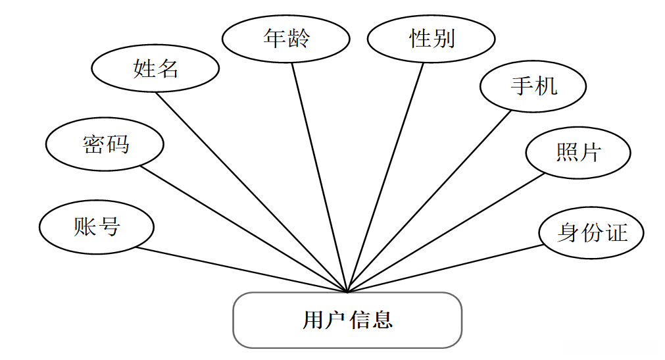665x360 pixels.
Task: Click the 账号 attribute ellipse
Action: [x=97, y=227]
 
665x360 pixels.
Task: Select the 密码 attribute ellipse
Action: [x=105, y=145]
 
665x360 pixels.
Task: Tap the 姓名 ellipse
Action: [x=155, y=68]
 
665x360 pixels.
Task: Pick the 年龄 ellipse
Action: [x=285, y=39]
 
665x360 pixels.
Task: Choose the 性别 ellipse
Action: [x=431, y=39]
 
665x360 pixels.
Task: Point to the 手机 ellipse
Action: [x=533, y=86]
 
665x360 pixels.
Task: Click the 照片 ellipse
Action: [x=578, y=153]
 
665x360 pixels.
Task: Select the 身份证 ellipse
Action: [x=591, y=232]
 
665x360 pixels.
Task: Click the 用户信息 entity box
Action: [x=347, y=321]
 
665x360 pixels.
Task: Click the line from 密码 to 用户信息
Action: [x=243, y=228]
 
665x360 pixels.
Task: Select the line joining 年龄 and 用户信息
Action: [x=320, y=178]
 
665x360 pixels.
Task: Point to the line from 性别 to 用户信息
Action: [x=385, y=178]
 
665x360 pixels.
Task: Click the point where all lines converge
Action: [x=347, y=291]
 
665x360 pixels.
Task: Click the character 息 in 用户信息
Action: [x=382, y=321]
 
